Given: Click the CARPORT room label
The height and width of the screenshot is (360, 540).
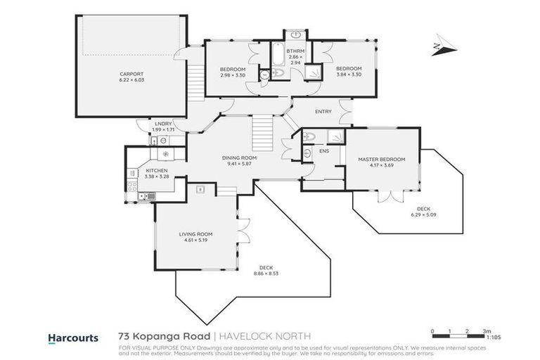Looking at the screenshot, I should coord(131,74).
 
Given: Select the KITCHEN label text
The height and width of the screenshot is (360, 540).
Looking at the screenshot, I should coord(155,170).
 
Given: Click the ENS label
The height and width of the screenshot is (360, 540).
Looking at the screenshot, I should coord(325,150).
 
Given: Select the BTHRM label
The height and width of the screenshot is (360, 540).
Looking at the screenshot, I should coord(295,51).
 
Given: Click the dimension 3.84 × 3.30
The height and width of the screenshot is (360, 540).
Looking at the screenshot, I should coord(348,74).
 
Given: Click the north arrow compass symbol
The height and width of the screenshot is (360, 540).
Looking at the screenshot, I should coord(442,45).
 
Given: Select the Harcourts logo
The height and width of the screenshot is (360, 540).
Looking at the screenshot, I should coord(72,337).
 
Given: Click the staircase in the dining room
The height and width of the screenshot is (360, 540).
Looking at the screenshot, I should coord(262,131).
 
